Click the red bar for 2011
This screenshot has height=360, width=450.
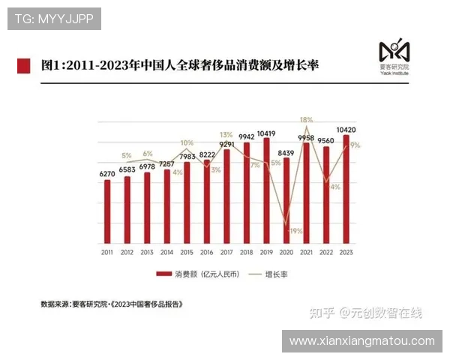pyautogui.click(x=107, y=211)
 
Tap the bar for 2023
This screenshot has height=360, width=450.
pyautogui.click(x=346, y=189)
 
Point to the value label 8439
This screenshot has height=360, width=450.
pyautogui.click(x=286, y=152)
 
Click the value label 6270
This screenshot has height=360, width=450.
pyautogui.click(x=107, y=174)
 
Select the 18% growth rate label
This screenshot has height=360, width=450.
pyautogui.click(x=306, y=119)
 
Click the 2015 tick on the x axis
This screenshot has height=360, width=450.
pyautogui.click(x=187, y=253)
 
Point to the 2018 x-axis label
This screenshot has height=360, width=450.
pyautogui.click(x=247, y=253)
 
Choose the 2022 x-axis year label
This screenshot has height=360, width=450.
pyautogui.click(x=326, y=253)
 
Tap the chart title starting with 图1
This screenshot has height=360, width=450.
pyautogui.click(x=180, y=65)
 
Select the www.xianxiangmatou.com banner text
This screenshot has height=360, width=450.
pyautogui.click(x=361, y=341)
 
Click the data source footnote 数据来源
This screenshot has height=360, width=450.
pyautogui.click(x=112, y=304)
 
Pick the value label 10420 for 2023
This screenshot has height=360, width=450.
pyautogui.click(x=346, y=129)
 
